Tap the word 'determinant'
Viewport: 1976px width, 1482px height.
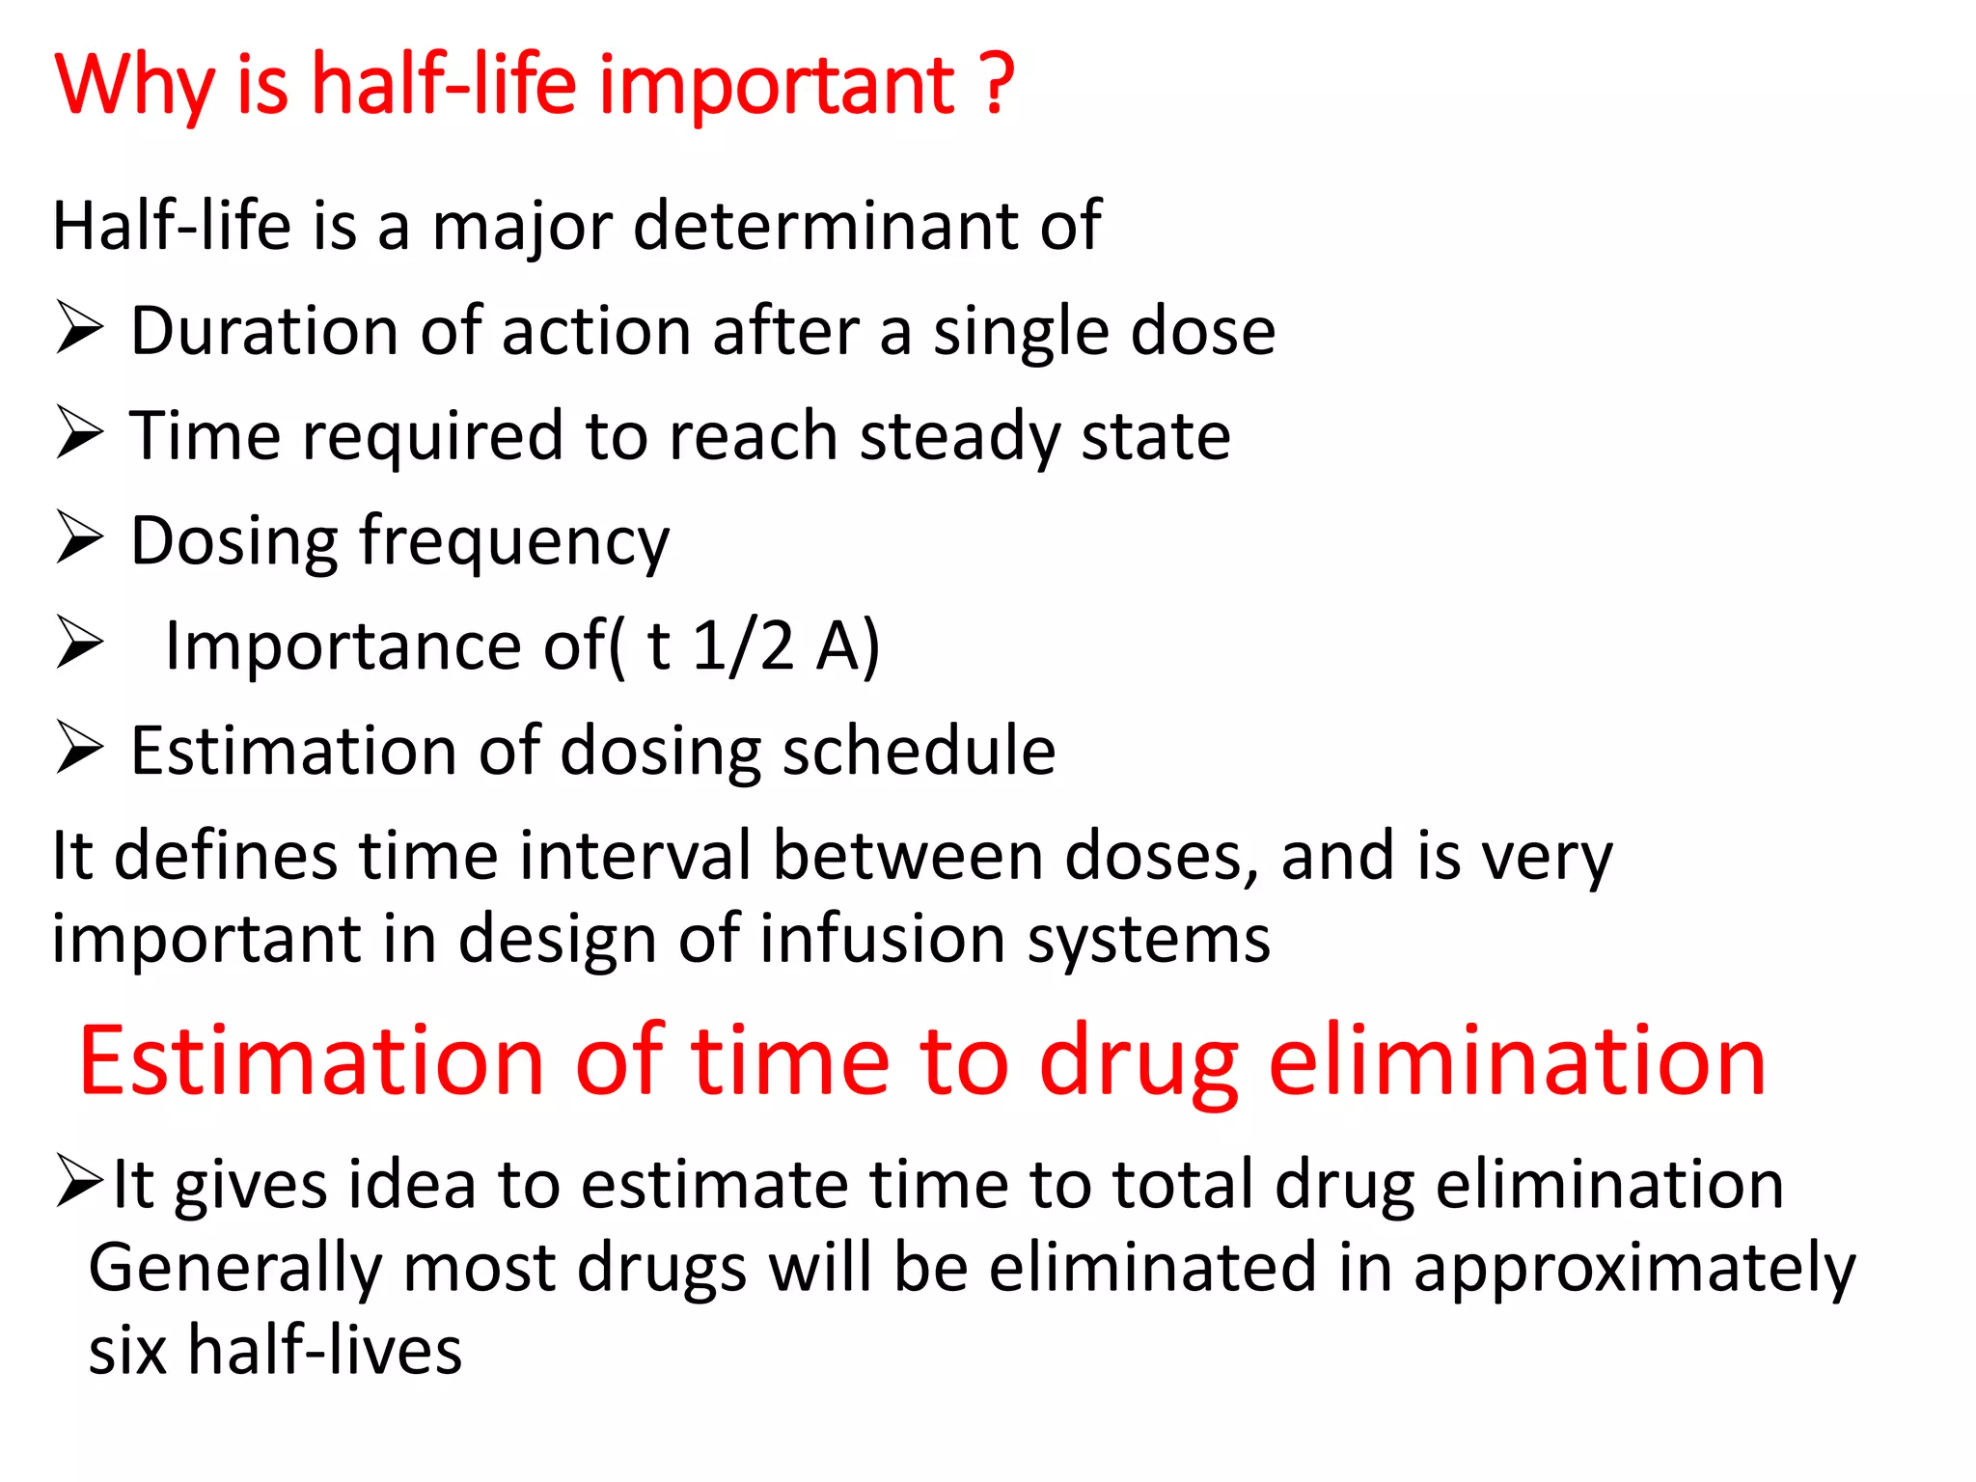(825, 227)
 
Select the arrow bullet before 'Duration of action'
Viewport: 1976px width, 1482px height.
(79, 328)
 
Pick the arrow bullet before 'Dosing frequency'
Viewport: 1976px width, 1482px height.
(79, 537)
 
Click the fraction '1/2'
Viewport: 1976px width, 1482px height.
(743, 645)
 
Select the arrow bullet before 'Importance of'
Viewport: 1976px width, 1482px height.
(79, 643)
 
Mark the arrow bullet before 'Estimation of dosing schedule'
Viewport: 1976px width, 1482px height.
(79, 748)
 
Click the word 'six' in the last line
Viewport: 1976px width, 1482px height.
(126, 1350)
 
